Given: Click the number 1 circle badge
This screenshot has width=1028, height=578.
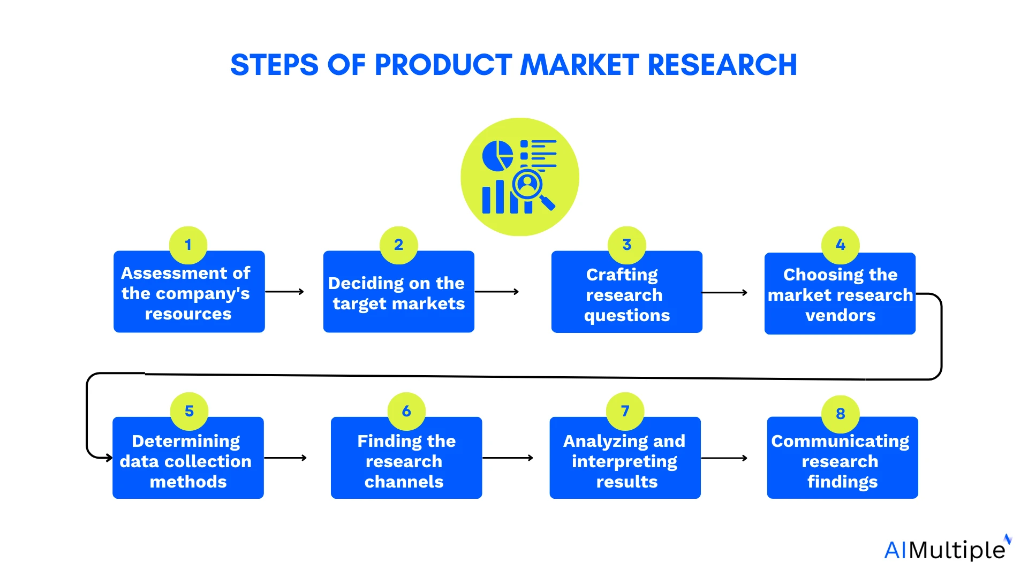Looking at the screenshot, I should click(188, 245).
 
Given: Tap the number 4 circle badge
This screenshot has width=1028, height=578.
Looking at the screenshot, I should click(840, 245).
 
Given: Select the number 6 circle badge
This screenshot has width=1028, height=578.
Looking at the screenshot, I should click(406, 411).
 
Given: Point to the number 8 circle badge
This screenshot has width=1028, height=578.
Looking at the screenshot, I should click(840, 414).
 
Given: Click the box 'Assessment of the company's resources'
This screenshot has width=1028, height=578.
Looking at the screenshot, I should click(189, 292).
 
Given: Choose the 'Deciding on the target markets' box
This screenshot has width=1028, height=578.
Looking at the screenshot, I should click(398, 293).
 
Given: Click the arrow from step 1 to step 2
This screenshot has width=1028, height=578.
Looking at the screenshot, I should click(284, 292).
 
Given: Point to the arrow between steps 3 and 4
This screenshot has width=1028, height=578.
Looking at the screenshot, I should click(724, 293).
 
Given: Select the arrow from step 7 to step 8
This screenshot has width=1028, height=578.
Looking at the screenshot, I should click(724, 458).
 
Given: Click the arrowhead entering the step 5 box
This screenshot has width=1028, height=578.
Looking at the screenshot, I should click(108, 458).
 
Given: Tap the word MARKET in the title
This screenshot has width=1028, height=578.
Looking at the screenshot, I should click(580, 65).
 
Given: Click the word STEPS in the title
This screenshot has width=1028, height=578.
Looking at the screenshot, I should click(274, 65).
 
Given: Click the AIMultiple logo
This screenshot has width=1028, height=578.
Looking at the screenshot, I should click(947, 549).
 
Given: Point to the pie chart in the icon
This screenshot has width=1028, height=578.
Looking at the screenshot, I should click(497, 156).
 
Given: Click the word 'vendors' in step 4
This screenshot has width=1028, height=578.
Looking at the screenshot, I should click(840, 315).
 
